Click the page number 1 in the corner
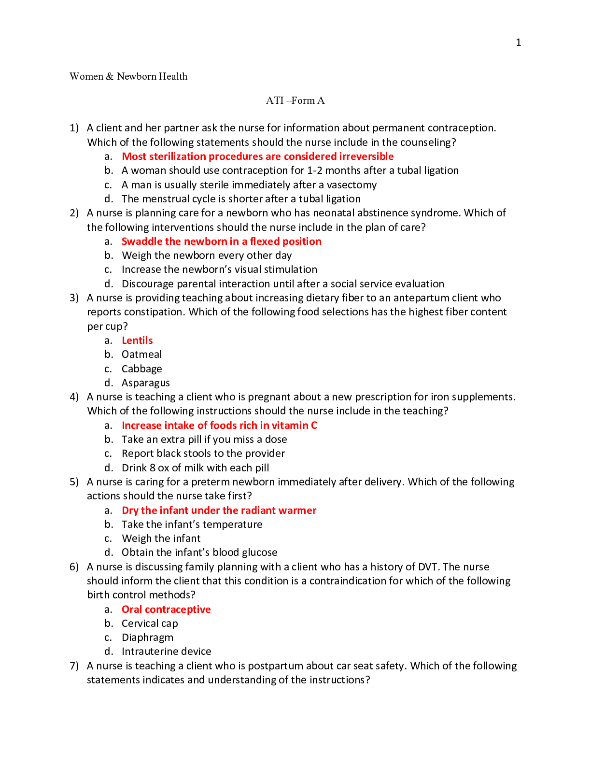point(518,42)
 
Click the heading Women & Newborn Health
point(128,76)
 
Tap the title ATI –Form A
point(295,100)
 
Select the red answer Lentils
point(137,340)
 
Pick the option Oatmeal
point(141,354)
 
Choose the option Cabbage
point(141,369)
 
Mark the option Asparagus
point(145,383)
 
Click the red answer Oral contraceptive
point(166,609)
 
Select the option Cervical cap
point(150,623)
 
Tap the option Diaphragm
point(147,637)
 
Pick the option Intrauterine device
point(166,652)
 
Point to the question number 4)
point(74,397)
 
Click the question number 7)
point(74,666)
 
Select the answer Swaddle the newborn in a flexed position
point(221,241)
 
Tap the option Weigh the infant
point(161,538)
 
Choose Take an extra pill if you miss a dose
point(204,439)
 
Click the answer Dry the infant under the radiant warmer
point(219,510)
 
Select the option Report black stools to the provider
point(203,453)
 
